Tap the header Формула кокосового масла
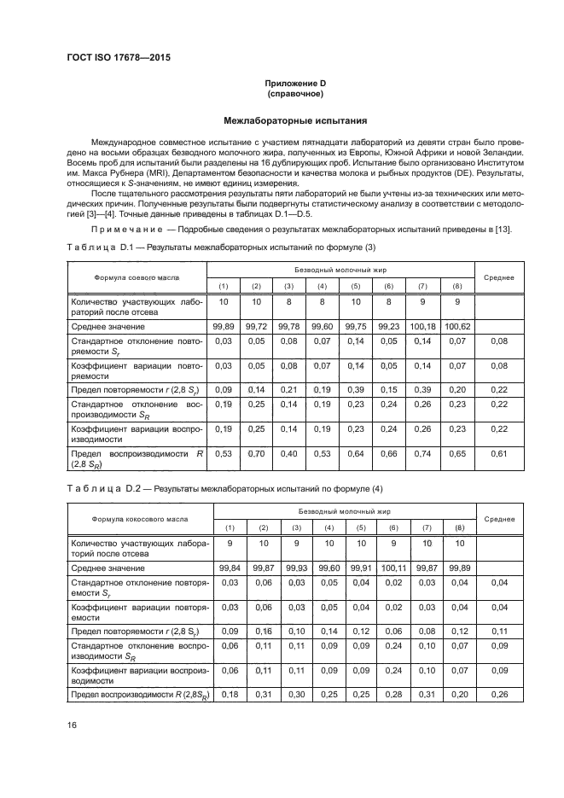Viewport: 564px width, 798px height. pos(137,519)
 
